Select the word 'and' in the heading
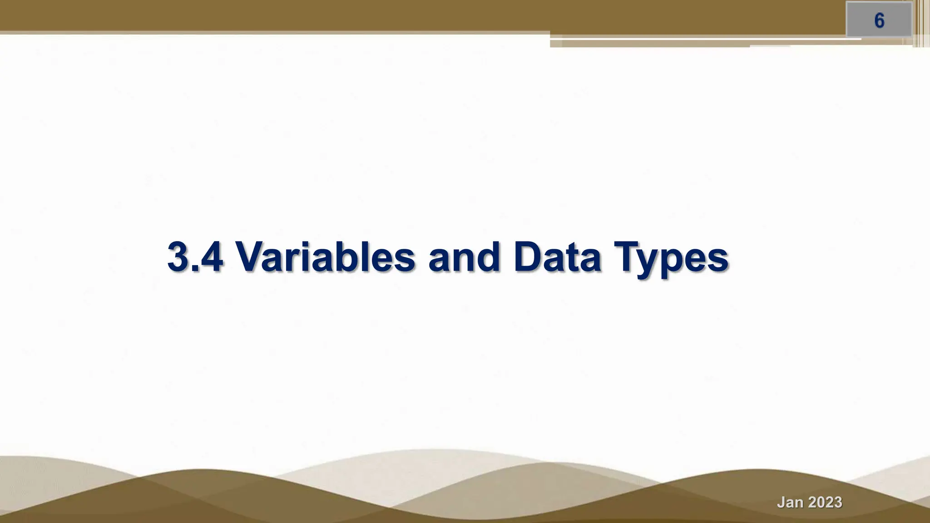(x=464, y=257)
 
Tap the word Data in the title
(x=557, y=257)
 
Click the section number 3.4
(x=195, y=257)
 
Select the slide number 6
(x=879, y=21)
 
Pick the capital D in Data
(x=528, y=257)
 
